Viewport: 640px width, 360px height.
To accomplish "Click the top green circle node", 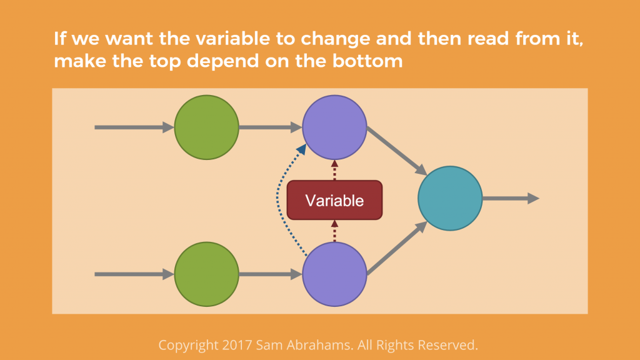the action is [206, 127].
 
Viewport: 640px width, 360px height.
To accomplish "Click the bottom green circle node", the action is [206, 274].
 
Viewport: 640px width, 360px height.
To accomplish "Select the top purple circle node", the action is [335, 127].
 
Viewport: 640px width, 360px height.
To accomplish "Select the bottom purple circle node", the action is [335, 274].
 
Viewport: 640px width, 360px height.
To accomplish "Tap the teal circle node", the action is [450, 198].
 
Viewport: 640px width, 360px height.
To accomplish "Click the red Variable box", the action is [335, 200].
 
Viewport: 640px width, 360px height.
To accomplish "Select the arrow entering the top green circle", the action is [134, 127].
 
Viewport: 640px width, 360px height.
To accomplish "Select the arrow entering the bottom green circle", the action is [134, 274].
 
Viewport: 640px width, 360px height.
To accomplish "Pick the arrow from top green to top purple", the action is [271, 127].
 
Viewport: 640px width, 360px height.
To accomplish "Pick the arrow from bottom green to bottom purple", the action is [271, 274].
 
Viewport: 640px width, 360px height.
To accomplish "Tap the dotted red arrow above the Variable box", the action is [335, 170].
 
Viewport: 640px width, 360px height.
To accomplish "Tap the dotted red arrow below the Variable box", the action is [335, 231].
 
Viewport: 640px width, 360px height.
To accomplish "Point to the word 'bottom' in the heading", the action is [367, 61].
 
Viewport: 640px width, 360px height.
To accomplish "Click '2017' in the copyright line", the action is [237, 345].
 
